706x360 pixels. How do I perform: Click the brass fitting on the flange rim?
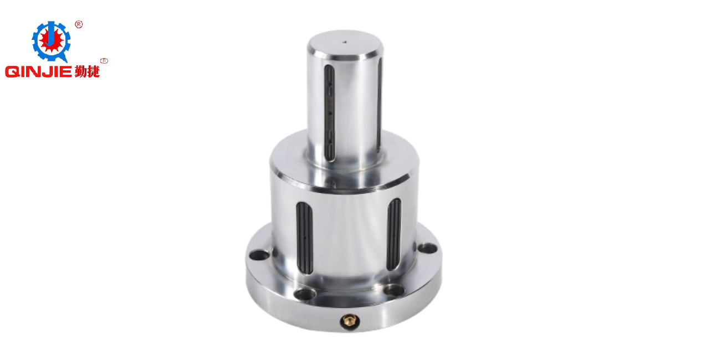click(x=350, y=321)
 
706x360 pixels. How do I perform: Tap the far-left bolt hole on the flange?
click(x=259, y=254)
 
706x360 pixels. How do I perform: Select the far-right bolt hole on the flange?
click(x=427, y=248)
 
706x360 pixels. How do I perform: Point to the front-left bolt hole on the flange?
click(x=304, y=294)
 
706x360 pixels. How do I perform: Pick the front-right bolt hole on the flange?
click(x=393, y=290)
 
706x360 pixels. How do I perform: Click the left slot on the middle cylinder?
click(x=304, y=237)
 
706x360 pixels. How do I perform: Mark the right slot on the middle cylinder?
click(x=393, y=234)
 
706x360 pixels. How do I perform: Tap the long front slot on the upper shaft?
click(x=330, y=113)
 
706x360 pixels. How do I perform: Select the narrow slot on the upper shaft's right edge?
click(x=380, y=104)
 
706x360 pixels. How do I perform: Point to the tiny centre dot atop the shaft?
click(x=345, y=41)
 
